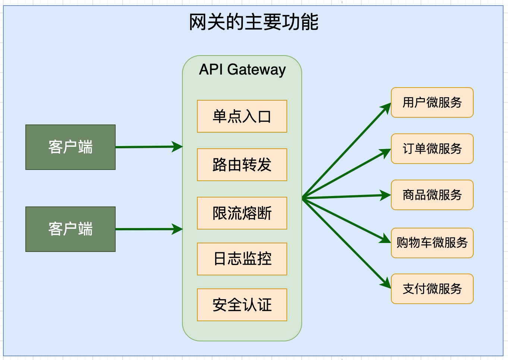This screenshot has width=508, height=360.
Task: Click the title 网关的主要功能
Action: [x=254, y=22]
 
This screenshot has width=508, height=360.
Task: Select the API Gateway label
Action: [x=242, y=70]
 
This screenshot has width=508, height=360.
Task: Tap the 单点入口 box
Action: [x=242, y=116]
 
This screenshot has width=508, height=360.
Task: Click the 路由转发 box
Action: [x=242, y=165]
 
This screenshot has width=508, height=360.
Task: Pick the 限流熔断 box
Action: [x=242, y=213]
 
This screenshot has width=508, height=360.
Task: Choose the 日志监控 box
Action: [x=242, y=259]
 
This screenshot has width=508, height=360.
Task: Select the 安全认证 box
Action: [x=242, y=305]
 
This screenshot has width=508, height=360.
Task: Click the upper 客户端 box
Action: [x=70, y=147]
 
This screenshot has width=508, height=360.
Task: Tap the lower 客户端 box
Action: [x=70, y=229]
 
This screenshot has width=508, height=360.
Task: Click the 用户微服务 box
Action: [x=432, y=102]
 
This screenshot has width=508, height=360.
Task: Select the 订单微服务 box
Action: [x=432, y=149]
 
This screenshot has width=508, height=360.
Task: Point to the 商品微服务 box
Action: [x=432, y=195]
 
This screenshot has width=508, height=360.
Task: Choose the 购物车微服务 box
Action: [x=432, y=243]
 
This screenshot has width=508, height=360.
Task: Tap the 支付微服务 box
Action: [x=432, y=289]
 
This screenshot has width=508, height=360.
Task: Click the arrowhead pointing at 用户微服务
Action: [x=386, y=108]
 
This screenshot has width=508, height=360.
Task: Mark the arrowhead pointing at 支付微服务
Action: [x=386, y=283]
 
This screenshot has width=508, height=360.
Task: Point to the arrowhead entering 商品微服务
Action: [x=386, y=195]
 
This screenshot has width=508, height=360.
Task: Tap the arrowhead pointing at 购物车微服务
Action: [x=386, y=239]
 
